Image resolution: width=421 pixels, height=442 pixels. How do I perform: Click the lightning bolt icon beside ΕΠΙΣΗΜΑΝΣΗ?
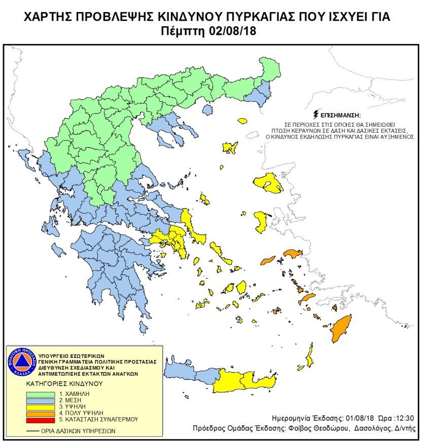317,114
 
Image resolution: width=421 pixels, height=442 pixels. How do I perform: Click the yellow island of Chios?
261,222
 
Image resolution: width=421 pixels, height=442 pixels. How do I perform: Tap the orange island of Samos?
293,253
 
